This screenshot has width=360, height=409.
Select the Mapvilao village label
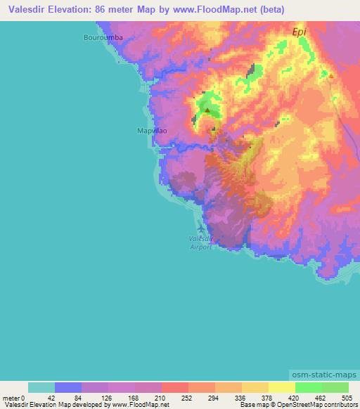pos(149,131)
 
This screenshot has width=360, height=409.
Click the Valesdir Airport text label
pos(201,243)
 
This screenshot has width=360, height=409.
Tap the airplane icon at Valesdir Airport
pos(202,230)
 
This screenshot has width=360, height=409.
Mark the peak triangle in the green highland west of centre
pos(207,110)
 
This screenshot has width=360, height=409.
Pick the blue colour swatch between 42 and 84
pos(68,387)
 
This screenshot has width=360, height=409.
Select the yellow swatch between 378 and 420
pos(281,387)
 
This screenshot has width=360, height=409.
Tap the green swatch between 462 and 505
pos(335,387)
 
